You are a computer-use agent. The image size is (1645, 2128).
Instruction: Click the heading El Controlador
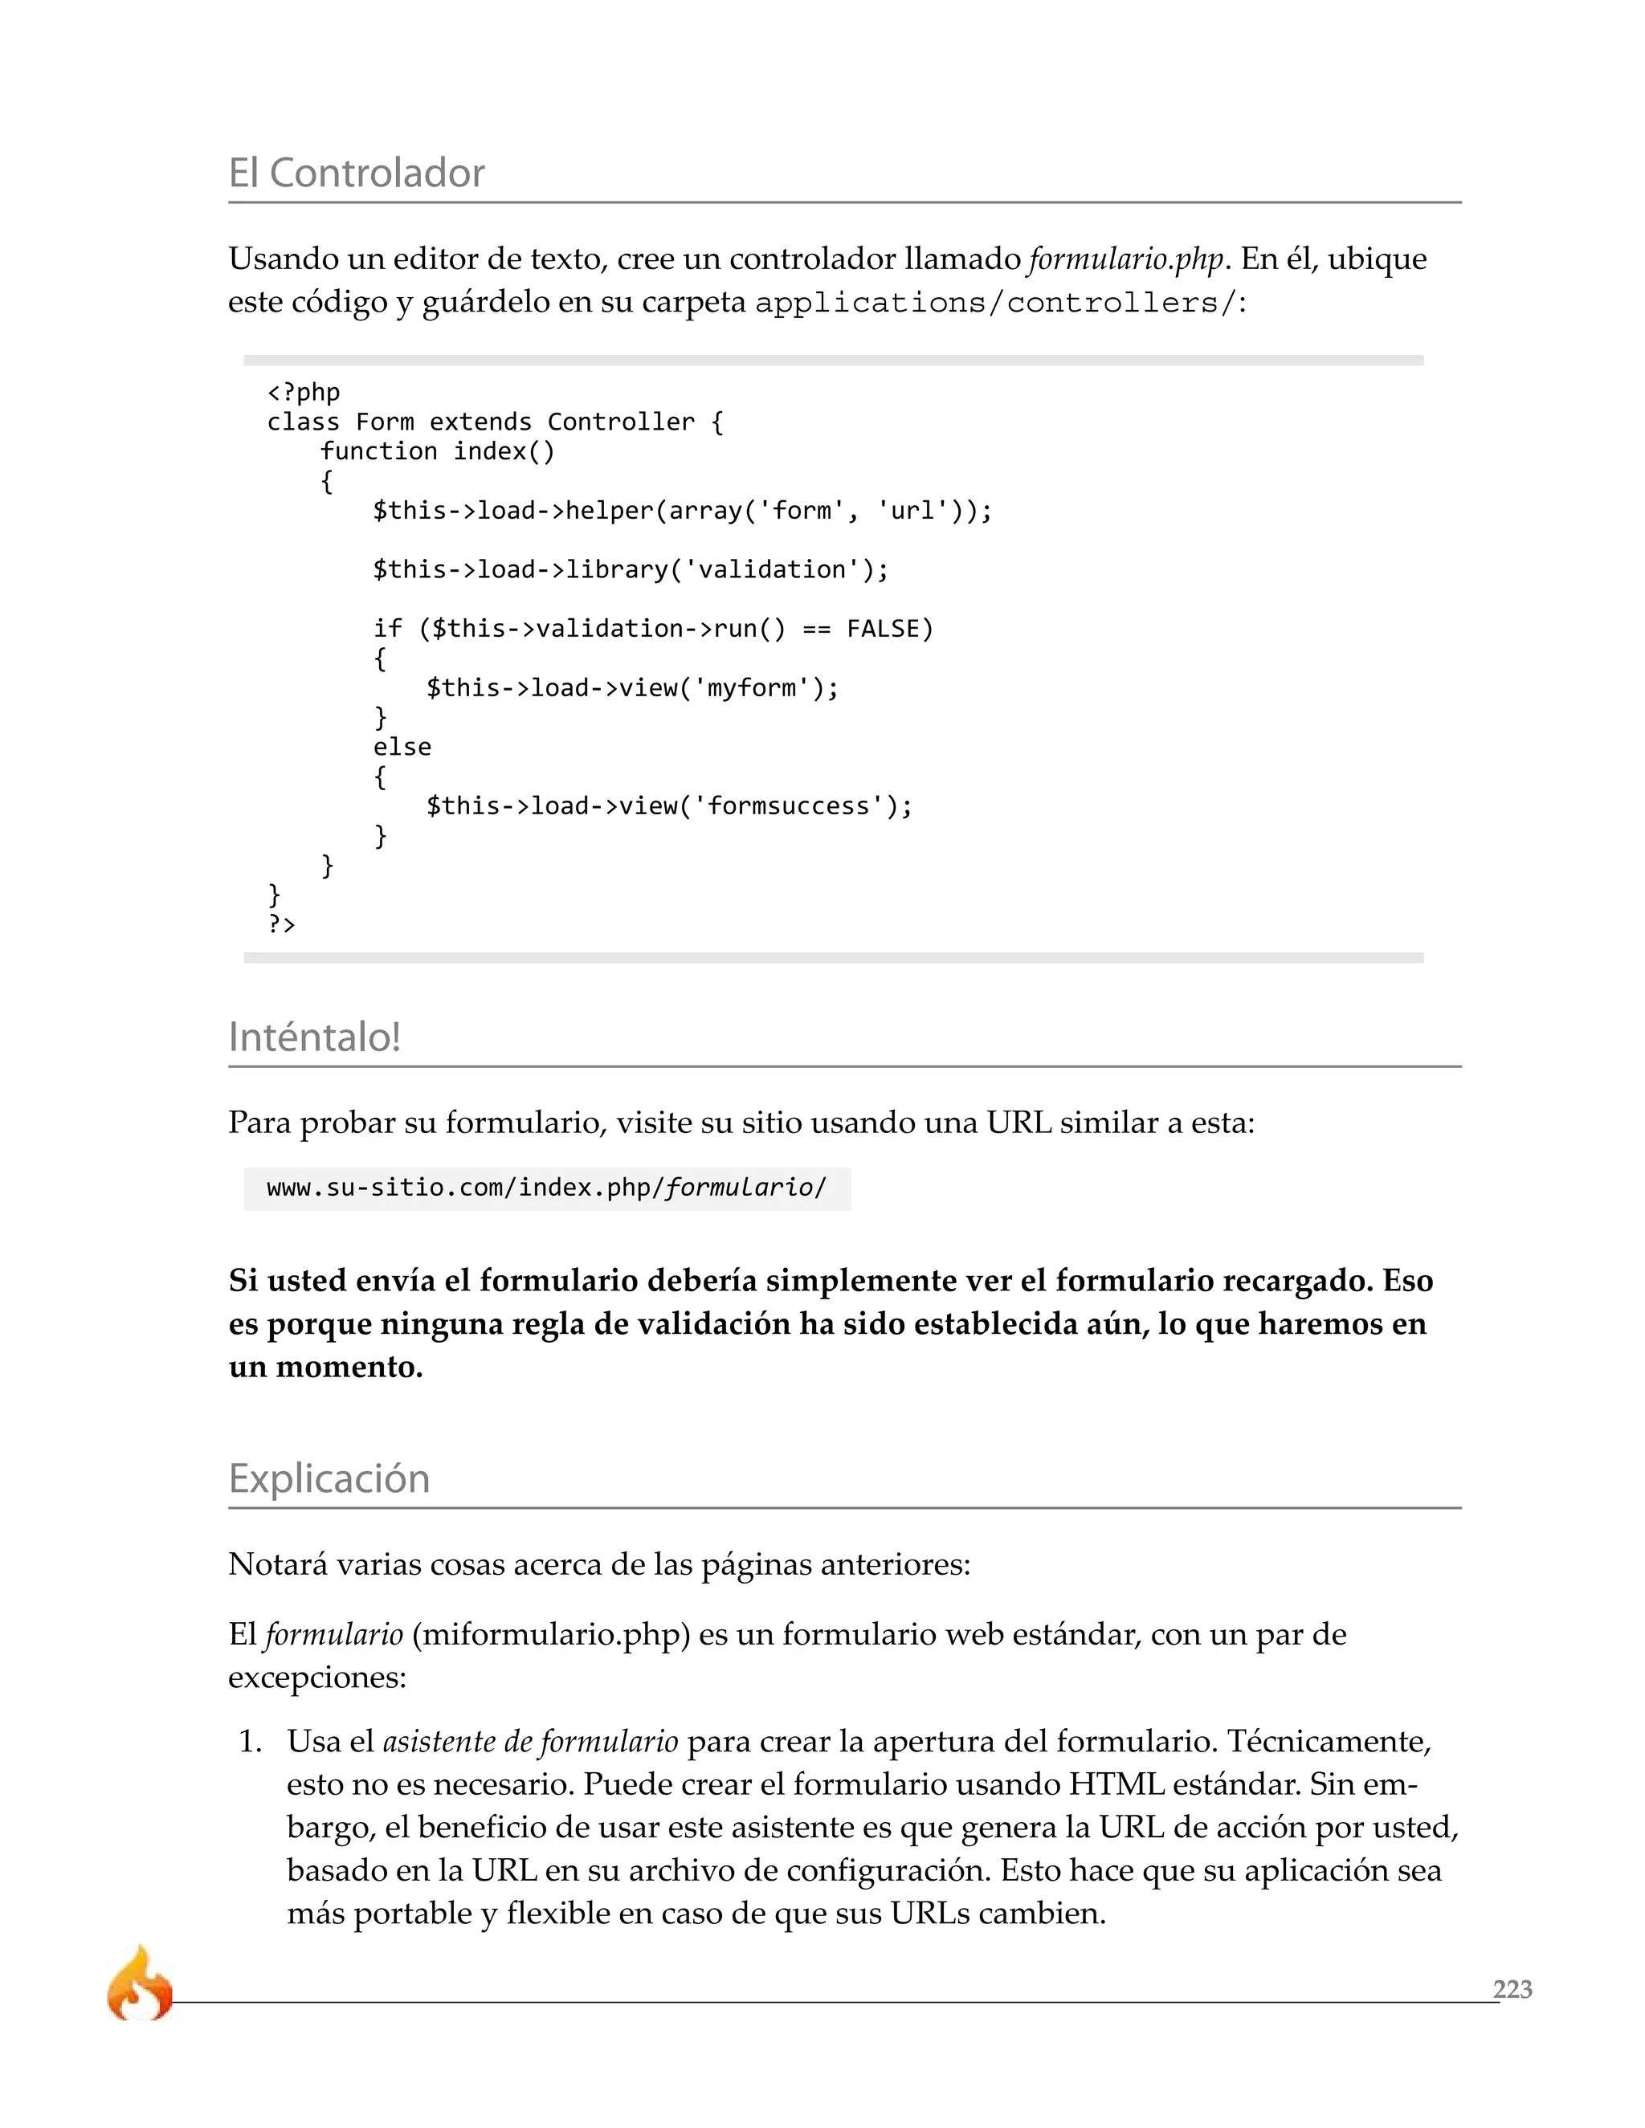pyautogui.click(x=356, y=173)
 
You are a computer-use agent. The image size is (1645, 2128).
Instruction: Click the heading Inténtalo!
pyautogui.click(x=314, y=1037)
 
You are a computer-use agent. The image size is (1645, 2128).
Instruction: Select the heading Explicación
pyautogui.click(x=329, y=1478)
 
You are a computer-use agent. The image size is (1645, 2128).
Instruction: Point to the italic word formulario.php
pyautogui.click(x=1125, y=259)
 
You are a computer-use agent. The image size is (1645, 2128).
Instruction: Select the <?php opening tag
pyautogui.click(x=303, y=393)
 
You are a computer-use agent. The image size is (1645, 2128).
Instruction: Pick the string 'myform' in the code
pyautogui.click(x=750, y=689)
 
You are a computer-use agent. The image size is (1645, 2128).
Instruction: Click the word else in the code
pyautogui.click(x=402, y=748)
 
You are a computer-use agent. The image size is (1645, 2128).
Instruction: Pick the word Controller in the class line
pyautogui.click(x=621, y=422)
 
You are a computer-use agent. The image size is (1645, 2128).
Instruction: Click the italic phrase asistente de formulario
pyautogui.click(x=529, y=1741)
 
